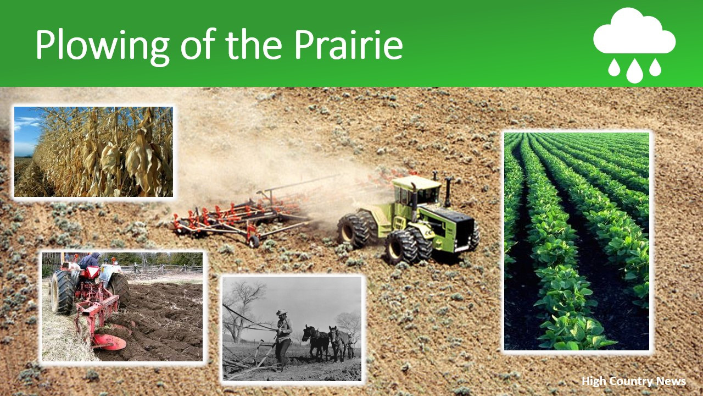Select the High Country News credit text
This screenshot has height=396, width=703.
[634, 381]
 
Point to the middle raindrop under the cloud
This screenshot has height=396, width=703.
[634, 71]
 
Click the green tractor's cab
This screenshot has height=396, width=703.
[416, 190]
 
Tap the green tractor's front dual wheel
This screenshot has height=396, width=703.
[404, 247]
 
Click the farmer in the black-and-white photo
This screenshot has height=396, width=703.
[283, 338]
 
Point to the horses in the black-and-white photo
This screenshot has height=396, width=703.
[328, 343]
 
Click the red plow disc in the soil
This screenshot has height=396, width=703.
[109, 342]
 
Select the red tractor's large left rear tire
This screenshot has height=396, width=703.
[62, 292]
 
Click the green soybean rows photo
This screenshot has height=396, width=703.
[577, 241]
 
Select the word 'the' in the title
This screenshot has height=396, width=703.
[254, 45]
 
